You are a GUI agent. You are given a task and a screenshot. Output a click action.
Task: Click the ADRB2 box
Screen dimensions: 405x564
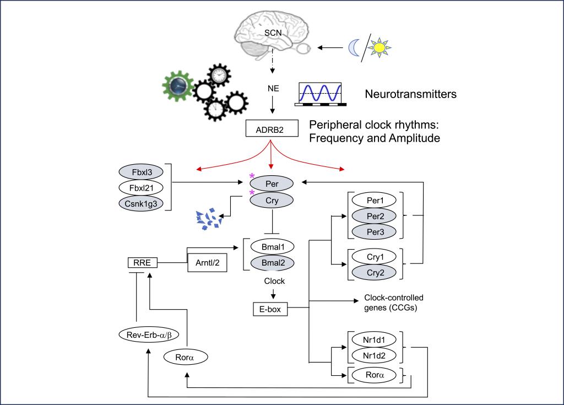point(272,129)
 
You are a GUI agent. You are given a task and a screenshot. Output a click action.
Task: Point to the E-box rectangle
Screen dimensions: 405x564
point(270,309)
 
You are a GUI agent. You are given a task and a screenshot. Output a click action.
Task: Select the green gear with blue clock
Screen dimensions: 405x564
point(178,87)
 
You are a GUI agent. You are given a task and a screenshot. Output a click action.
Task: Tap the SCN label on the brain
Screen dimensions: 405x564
point(269,33)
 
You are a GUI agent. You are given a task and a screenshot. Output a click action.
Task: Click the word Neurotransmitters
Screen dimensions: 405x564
point(411,94)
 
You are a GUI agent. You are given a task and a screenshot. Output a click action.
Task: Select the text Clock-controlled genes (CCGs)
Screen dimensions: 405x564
point(394,303)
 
